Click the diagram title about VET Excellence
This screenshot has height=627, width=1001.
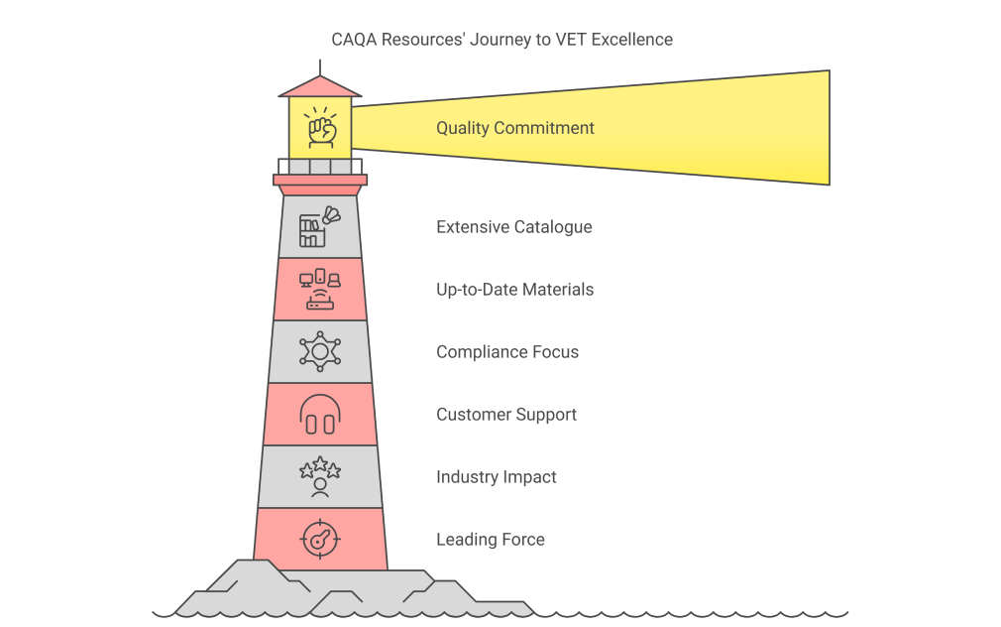coord(501,40)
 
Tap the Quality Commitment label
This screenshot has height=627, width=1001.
coord(515,128)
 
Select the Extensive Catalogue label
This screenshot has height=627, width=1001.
coord(513,227)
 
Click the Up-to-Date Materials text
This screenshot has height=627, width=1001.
coord(514,290)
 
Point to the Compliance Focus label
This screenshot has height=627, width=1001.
coord(507,352)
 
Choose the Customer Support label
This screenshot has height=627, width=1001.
coord(505,415)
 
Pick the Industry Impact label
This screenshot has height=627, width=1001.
coord(496,477)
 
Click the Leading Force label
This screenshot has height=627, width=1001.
coord(490,540)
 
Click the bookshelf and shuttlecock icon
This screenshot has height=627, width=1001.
coord(318,227)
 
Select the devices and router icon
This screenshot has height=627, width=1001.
coord(319,290)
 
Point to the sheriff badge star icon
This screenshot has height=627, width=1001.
coord(319,352)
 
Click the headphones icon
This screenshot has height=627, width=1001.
coord(319,415)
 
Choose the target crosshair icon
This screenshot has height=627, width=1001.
coord(319,540)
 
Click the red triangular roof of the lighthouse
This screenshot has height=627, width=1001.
coord(320,87)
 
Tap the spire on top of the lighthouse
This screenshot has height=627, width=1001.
coord(320,66)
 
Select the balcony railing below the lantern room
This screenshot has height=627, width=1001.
coord(320,166)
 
